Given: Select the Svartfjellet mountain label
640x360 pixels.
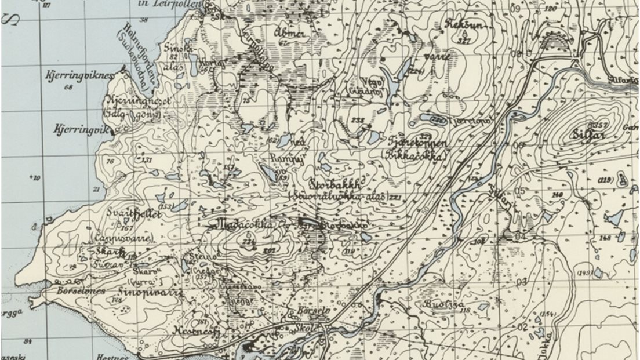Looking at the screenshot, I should coord(133,213).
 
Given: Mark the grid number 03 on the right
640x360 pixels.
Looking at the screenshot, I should coord(521,282).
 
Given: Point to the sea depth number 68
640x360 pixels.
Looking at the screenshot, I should coord(69,88).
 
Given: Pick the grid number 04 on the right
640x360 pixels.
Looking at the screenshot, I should coord(519,237).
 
